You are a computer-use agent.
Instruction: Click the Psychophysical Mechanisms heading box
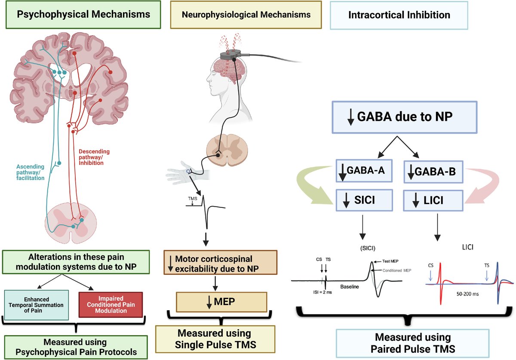pos(83,15)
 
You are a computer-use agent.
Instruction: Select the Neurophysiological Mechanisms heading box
pos(246,15)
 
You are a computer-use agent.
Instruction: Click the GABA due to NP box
pos(404,117)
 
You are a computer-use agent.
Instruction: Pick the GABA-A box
pos(364,171)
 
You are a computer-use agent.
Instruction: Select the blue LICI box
pos(433,200)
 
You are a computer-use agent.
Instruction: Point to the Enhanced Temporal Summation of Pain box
pos(37,304)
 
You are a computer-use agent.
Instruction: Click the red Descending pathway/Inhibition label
pos(94,157)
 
